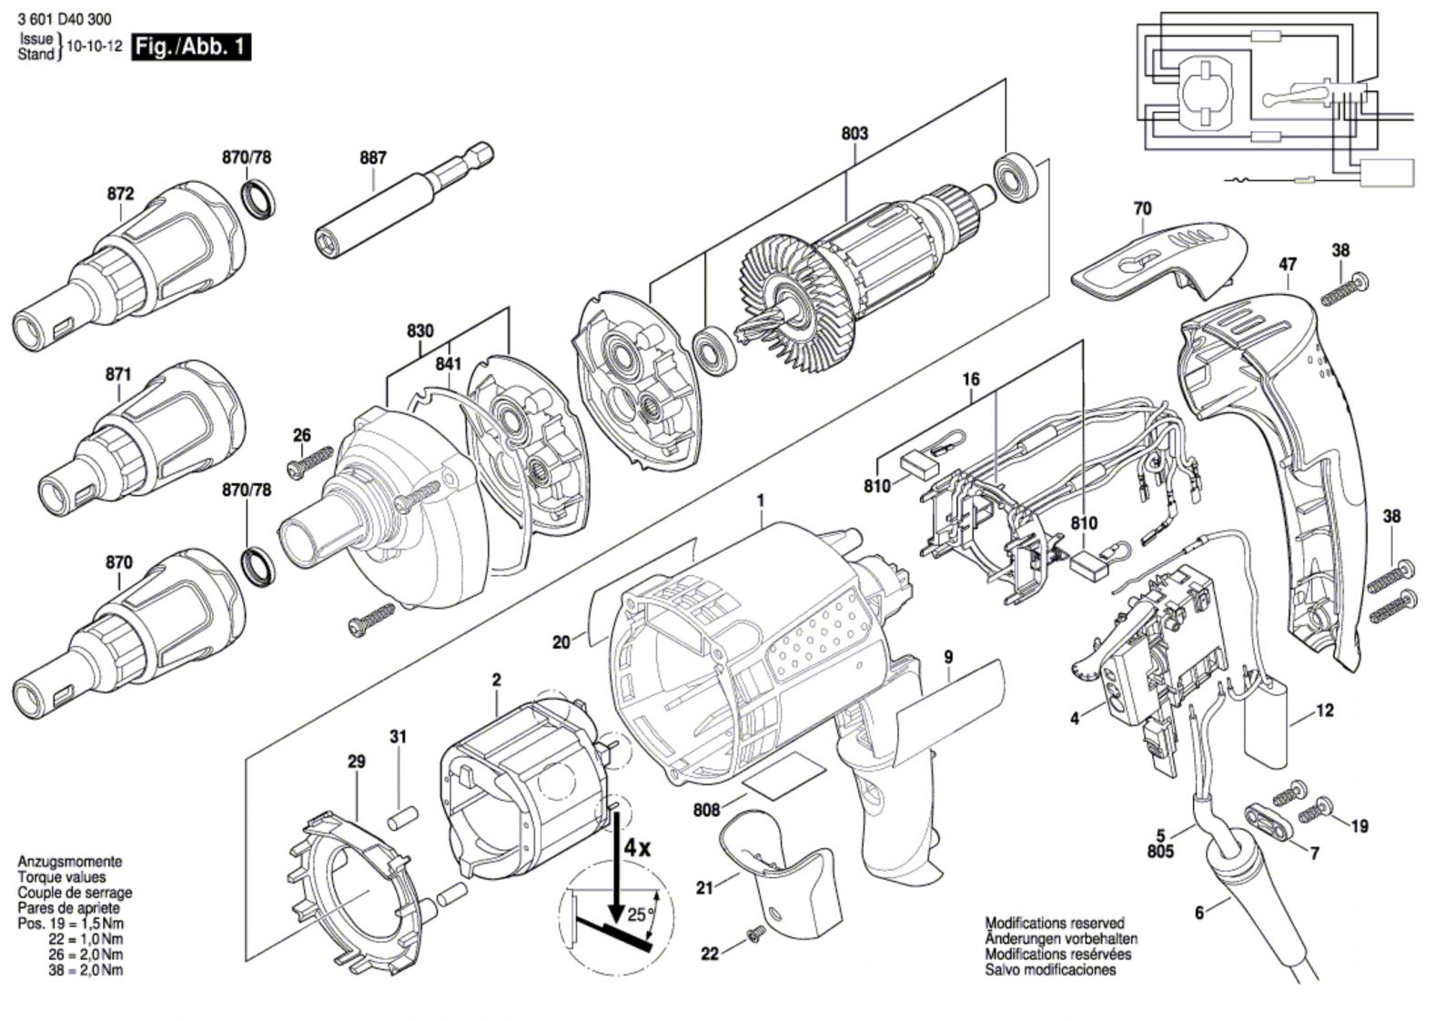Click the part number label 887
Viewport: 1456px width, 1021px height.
coord(373,157)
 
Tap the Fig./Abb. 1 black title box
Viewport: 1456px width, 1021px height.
coord(191,47)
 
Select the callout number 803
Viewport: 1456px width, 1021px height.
coord(854,134)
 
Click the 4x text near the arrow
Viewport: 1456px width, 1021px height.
coord(637,847)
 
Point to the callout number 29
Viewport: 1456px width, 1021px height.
coord(357,761)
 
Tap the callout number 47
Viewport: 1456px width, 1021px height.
coord(1287,265)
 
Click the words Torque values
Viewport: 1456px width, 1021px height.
coord(61,877)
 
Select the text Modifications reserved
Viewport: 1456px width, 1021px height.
coord(1055,923)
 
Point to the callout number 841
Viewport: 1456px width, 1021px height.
coord(449,364)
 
